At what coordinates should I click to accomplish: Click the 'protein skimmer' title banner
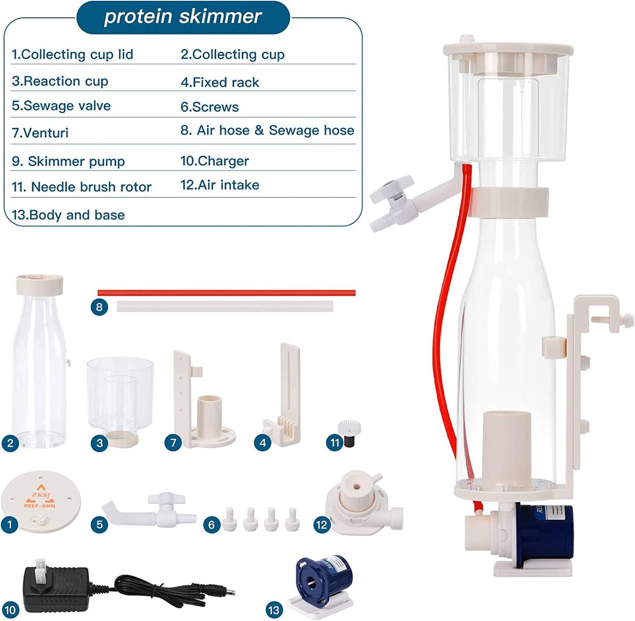pos(183,17)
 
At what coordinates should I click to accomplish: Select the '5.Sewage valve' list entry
pos(61,106)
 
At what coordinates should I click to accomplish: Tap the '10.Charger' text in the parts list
pos(214,161)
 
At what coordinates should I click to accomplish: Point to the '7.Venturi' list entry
pos(40,133)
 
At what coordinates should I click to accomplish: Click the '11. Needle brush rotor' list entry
pos(81,187)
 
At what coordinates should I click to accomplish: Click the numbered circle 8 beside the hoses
pos(99,307)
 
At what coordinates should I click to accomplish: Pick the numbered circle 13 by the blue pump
pos(274,610)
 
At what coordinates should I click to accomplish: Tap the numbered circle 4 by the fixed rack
pos(262,443)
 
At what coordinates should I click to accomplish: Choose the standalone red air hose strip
pos(226,293)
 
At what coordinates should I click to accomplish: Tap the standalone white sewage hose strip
pos(225,306)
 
